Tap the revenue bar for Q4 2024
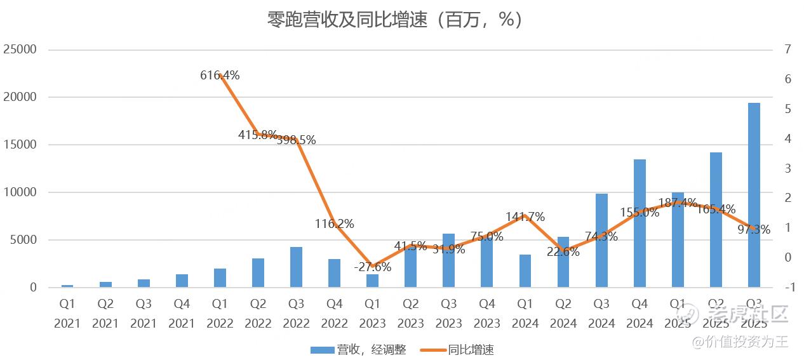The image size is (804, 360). [640, 223]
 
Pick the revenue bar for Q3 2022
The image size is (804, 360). [296, 267]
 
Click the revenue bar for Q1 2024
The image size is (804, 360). [525, 270]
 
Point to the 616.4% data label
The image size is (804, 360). [220, 75]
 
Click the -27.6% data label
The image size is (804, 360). [373, 267]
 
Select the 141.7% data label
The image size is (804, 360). [525, 217]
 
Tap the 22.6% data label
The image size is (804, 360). [563, 251]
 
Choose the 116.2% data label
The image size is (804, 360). [335, 223]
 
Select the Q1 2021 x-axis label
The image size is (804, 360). [67, 314]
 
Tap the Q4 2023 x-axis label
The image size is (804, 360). [487, 314]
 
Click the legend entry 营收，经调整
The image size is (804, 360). [358, 349]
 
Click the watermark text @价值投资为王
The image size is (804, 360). [740, 342]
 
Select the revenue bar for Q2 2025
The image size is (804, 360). [716, 220]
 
